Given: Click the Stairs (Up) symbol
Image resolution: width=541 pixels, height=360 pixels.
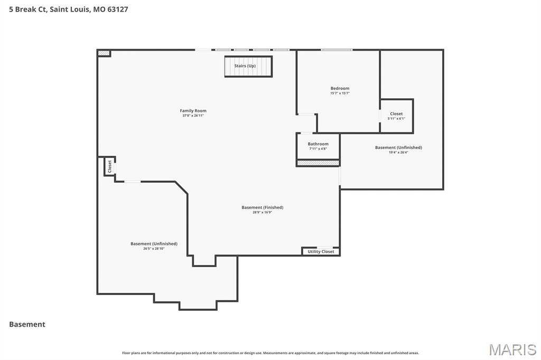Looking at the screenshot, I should pos(248,67).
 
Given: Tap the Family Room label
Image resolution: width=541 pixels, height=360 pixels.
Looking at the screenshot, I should pos(193,111).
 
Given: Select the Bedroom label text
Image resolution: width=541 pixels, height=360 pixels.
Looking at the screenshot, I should pos(340,88).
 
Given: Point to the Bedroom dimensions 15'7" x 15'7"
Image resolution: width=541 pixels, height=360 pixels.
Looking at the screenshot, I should pos(340,93).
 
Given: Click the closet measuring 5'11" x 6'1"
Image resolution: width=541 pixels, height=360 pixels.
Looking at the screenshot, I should pos(396,116).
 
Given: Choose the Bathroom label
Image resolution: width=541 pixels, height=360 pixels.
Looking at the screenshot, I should pos(318,144).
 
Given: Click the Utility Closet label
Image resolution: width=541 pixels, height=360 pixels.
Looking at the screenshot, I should pos(321,252).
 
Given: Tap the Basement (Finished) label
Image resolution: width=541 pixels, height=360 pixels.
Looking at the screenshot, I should pos(262,207).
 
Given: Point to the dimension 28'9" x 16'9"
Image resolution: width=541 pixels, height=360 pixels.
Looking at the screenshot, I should pos(262,212).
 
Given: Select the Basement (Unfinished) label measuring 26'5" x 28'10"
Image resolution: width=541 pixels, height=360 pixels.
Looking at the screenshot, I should pos(154,243).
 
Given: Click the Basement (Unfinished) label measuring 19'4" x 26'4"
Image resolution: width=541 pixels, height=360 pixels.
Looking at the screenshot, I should pos(398,147).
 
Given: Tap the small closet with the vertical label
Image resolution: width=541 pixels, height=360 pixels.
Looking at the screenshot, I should pos(110,166).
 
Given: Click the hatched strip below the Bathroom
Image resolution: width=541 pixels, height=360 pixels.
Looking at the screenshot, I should pos(318,163).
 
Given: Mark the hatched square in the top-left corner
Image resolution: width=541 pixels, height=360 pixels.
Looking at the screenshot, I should pos(104,53).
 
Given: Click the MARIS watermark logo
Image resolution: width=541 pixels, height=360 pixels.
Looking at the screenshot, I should pos(512,349).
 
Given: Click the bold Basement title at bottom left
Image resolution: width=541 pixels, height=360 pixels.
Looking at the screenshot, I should pos(27,325).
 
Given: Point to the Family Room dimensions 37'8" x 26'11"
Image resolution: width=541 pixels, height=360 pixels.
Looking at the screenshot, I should pos(193,116).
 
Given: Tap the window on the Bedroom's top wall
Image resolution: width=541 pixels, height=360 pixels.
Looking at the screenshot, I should pos(337,50).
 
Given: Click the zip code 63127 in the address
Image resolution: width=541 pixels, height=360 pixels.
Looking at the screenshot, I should pos(117,9).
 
